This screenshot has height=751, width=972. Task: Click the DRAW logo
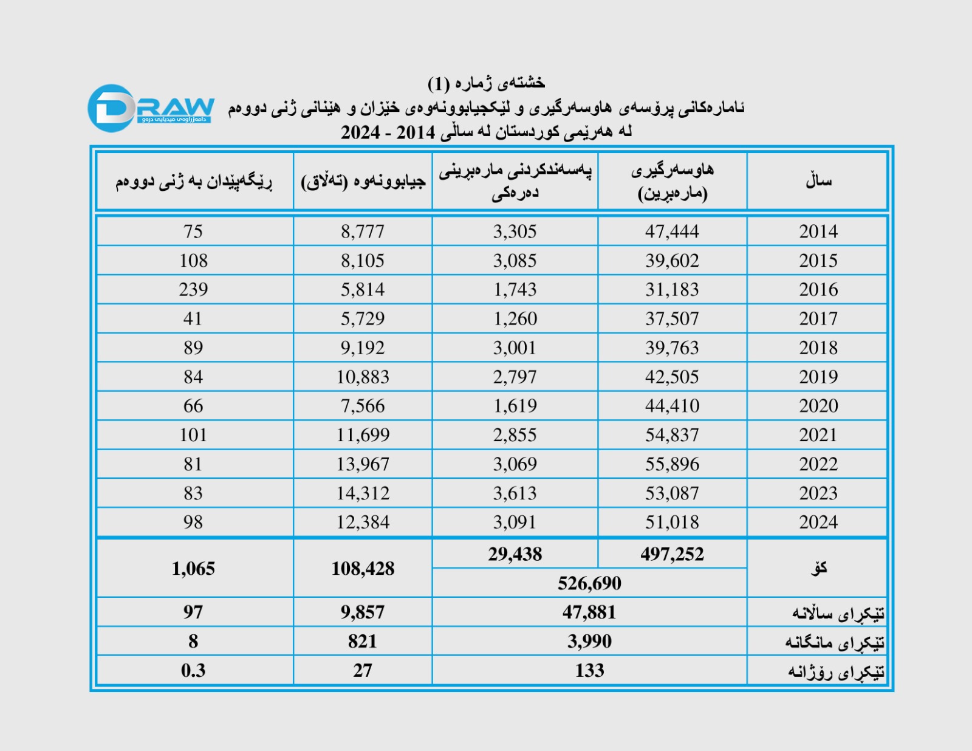coord(151,108)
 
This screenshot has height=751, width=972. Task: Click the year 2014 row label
coord(818,231)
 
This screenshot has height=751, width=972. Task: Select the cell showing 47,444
coord(672,231)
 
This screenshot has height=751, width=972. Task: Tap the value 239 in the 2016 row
coord(193,290)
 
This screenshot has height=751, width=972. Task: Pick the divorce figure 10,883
coord(363,377)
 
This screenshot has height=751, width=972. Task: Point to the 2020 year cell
coord(818,406)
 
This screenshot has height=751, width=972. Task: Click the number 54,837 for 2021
coord(672,435)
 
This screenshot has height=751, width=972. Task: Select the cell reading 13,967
coord(363,464)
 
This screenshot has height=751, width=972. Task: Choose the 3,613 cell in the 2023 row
coord(515,493)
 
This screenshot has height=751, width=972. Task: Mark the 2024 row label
coord(818,523)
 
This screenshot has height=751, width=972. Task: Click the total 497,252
coord(672,554)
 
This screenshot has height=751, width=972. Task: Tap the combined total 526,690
coord(589,583)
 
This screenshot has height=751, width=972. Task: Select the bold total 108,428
coord(363,569)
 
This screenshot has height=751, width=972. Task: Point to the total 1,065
coord(193,569)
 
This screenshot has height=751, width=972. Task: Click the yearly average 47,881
coord(589,612)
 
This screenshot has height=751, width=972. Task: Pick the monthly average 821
coord(363,642)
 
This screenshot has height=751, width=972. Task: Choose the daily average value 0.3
coord(193,671)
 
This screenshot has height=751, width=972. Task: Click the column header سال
coord(818,181)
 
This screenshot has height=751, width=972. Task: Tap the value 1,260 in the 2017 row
coord(515,319)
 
